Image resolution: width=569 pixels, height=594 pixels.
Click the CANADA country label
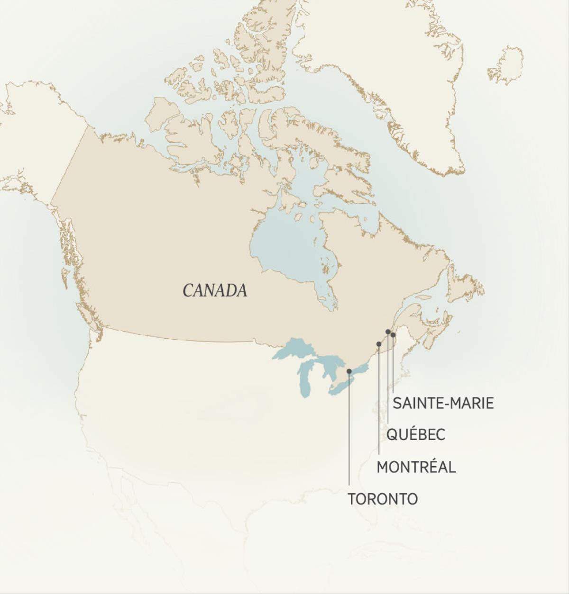click(215, 290)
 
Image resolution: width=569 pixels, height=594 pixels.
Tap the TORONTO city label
click(383, 499)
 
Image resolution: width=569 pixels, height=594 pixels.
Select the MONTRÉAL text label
click(416, 467)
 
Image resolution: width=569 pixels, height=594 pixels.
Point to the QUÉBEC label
click(416, 434)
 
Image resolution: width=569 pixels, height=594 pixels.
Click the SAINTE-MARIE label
click(443, 403)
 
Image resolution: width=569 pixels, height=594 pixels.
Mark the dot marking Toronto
click(349, 371)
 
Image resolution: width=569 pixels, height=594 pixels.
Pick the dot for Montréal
click(378, 344)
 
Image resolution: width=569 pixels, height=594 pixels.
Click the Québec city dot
click(388, 332)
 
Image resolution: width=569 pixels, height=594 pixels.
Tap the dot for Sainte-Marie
click(393, 335)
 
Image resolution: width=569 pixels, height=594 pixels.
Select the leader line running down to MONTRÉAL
click(378, 403)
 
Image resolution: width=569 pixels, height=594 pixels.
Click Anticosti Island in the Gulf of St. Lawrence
click(423, 297)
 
